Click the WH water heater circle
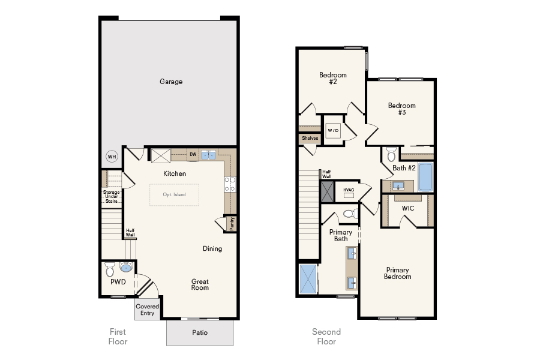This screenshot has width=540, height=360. click(112, 157)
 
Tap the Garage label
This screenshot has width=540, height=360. click(171, 82)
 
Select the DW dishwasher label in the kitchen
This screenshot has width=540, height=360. click(193, 155)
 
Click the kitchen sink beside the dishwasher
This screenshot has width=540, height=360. click(209, 155)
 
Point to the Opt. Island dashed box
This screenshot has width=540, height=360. click(174, 195)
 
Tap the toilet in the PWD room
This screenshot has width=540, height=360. click(110, 267)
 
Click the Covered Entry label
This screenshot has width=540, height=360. click(147, 310)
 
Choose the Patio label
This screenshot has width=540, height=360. click(200, 332)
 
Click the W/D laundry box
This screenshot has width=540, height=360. click(332, 130)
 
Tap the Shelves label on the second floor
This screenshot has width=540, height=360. click(310, 138)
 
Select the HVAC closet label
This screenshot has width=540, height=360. click(349, 190)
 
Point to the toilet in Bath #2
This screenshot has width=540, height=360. click(391, 153)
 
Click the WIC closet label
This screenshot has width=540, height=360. click(408, 208)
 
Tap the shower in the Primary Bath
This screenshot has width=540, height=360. click(308, 279)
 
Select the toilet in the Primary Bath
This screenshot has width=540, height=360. click(349, 213)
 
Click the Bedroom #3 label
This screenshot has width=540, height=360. click(401, 109)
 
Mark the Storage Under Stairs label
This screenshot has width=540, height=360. click(111, 196)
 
